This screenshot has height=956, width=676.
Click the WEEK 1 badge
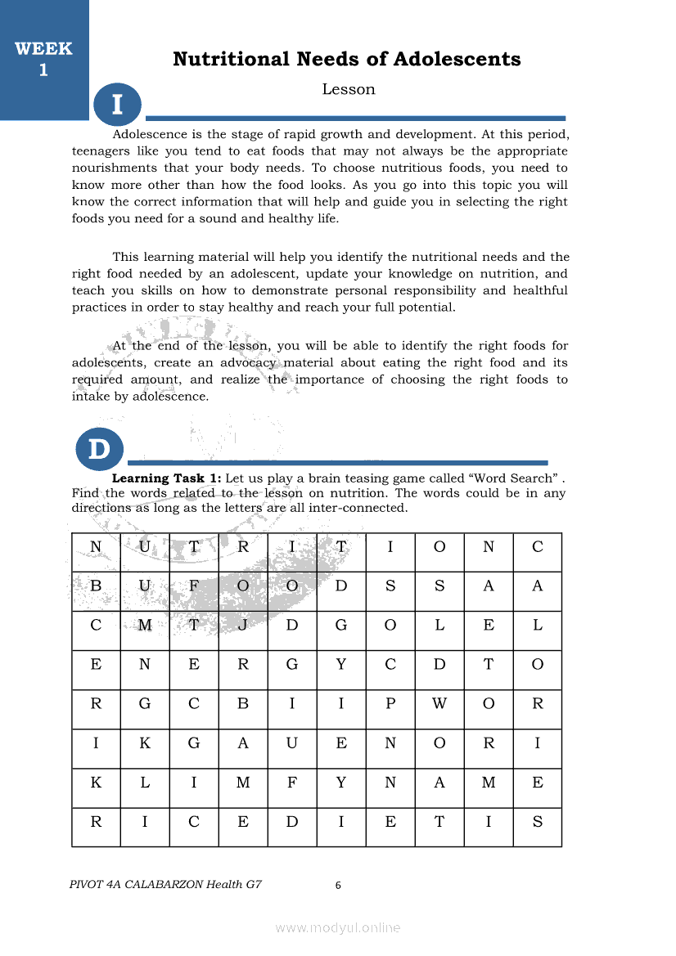pos(43,59)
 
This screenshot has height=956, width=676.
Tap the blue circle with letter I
pos(117,105)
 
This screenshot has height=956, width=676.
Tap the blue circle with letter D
pos(99,449)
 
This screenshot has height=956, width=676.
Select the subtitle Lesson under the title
pos(349,90)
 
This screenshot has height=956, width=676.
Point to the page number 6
pos(338,885)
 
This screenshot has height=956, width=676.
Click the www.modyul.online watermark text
pos(338,927)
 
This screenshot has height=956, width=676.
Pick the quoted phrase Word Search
pos(512,478)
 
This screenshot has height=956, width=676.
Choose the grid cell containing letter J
pos(243,626)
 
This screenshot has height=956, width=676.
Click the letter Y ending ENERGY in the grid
pos(341,665)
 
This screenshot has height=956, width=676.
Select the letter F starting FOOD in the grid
pos(194,586)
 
